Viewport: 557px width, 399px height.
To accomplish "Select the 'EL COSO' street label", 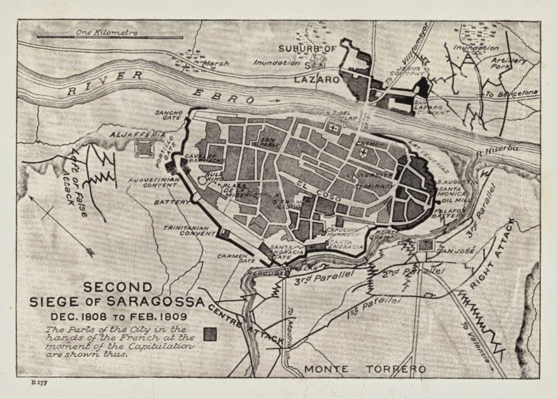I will [311, 187].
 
